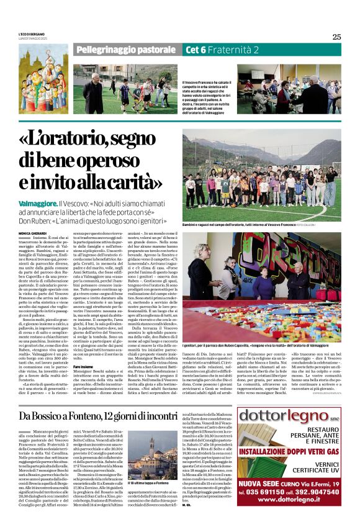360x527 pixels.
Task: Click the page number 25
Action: click(336, 37)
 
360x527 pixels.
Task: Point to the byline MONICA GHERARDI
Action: click(32, 233)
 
